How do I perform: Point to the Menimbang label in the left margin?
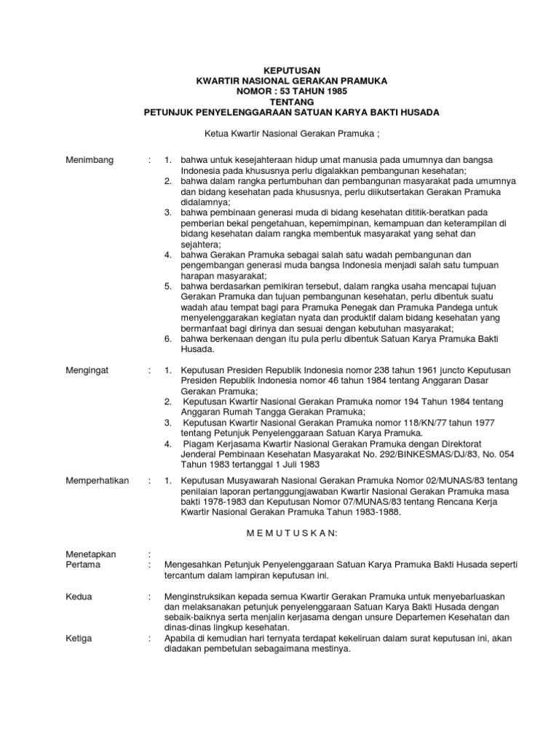(90, 160)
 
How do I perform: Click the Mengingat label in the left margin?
(87, 370)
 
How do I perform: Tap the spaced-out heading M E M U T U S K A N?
(290, 533)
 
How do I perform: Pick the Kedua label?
(79, 597)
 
